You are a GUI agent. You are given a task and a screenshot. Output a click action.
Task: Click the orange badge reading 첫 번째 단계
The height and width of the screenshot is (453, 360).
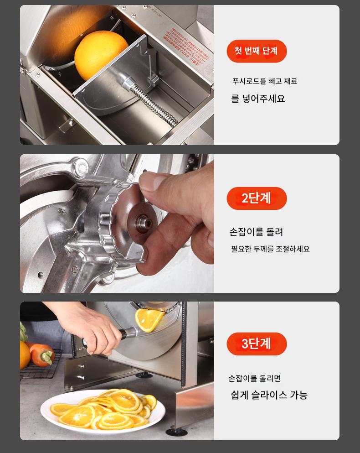point(257,51)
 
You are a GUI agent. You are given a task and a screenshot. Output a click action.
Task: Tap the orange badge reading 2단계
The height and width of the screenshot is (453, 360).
point(257,198)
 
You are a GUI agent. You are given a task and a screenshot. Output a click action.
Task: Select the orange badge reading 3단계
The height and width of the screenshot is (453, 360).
point(257,344)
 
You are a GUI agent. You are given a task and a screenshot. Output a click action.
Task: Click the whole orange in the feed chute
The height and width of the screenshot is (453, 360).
point(101,55)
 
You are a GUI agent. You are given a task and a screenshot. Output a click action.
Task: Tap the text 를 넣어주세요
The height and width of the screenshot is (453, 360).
point(258,99)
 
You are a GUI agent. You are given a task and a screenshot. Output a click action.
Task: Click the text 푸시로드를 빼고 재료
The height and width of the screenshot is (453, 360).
point(265,81)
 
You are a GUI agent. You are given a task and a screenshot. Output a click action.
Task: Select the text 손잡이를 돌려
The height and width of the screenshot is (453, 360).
point(256,232)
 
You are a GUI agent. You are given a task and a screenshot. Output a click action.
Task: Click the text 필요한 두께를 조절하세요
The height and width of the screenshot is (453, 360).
point(270,249)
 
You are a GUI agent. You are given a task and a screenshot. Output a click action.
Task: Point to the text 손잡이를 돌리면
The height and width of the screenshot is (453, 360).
point(255,378)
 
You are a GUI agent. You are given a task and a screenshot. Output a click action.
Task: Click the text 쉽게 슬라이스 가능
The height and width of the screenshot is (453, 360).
point(269,395)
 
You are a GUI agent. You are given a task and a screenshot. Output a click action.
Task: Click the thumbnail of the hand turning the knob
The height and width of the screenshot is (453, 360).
point(117,224)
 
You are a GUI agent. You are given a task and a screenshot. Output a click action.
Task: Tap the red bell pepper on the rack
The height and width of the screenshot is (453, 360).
point(41,354)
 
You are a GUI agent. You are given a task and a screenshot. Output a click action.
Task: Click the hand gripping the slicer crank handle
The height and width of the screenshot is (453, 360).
point(89,327)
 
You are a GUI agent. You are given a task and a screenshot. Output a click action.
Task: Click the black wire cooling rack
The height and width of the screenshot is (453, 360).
point(41,365)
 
